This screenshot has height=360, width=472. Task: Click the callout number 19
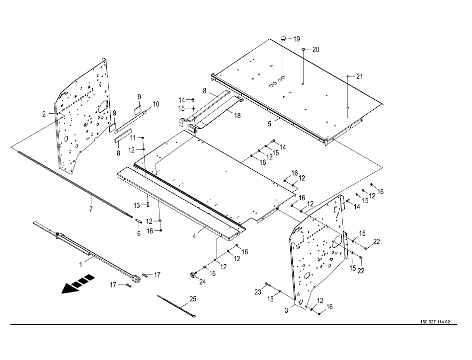(x=297, y=39)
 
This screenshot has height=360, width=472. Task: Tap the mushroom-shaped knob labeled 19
(x=284, y=39)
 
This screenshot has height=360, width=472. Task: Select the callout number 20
(x=315, y=50)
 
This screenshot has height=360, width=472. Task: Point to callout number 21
(x=359, y=76)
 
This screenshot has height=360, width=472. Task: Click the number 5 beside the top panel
(x=270, y=124)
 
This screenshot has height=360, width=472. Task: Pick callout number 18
(x=237, y=116)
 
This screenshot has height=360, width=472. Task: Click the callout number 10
(x=156, y=104)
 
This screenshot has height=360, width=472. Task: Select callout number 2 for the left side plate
(x=44, y=114)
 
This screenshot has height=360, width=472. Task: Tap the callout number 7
(x=91, y=209)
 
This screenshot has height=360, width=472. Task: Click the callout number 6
(x=139, y=234)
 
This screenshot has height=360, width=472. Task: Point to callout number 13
(x=137, y=206)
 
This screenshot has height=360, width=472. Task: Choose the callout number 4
(x=194, y=236)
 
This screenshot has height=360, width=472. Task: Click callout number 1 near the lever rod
(x=80, y=265)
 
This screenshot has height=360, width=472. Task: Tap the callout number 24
(x=203, y=282)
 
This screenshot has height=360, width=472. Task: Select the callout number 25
(x=193, y=299)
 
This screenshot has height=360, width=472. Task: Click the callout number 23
(x=258, y=292)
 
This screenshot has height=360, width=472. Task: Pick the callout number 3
(x=286, y=310)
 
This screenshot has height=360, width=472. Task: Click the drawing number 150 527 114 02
(x=435, y=322)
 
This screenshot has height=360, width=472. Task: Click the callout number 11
(x=133, y=138)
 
